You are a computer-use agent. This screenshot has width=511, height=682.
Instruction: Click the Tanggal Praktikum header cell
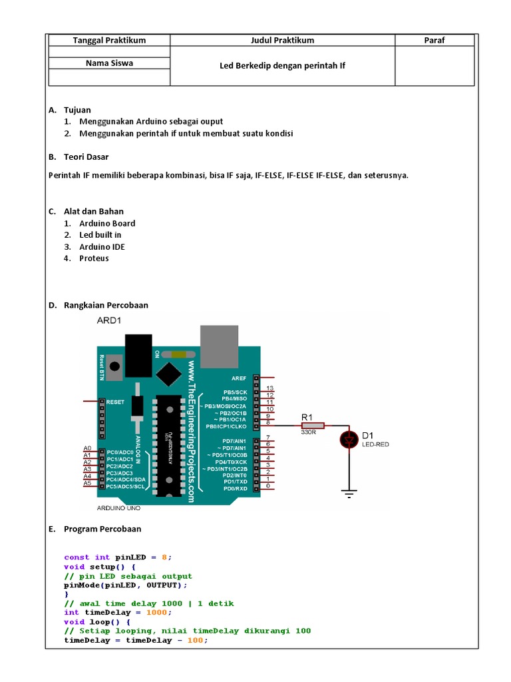(109, 40)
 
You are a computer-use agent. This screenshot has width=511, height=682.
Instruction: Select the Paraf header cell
(434, 40)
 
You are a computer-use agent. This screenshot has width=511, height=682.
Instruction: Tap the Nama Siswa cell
(109, 63)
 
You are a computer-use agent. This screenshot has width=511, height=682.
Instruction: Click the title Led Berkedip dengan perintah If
(283, 66)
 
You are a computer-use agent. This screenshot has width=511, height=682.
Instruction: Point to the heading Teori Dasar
(86, 157)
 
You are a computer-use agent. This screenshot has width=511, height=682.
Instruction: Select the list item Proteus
(94, 258)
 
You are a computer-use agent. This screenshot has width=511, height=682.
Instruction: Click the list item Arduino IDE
(102, 246)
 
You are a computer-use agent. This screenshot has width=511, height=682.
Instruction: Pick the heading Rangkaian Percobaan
(106, 305)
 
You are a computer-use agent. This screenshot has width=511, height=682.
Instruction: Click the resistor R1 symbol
(313, 426)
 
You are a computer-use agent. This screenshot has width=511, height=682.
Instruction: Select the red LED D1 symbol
(349, 439)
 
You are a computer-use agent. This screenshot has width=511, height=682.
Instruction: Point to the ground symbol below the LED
(349, 493)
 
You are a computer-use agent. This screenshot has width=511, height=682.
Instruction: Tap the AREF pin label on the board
(239, 378)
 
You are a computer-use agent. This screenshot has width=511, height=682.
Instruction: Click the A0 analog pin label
(86, 448)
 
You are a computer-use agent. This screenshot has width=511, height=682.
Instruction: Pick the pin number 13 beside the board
(270, 388)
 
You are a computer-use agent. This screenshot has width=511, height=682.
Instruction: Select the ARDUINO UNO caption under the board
(119, 508)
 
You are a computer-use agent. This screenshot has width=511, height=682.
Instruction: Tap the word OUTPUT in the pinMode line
(161, 585)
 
